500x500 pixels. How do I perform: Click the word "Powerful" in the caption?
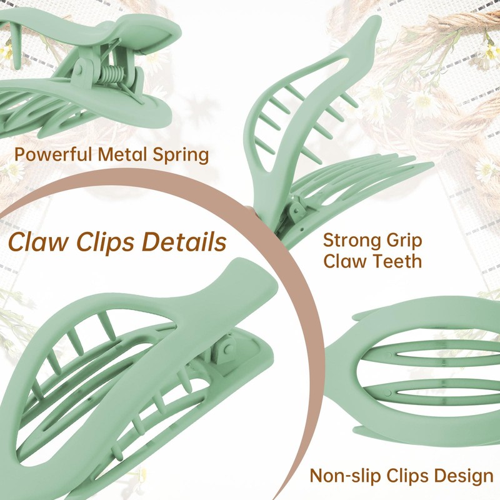tap(54, 154)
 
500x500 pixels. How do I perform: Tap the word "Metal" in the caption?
tap(122, 154)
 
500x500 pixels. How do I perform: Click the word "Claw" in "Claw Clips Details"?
tap(38, 241)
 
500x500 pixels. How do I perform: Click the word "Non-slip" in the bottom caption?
tap(346, 476)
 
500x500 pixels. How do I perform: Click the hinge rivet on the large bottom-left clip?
tap(228, 350)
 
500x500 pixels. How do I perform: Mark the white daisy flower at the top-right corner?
tap(489, 52)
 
